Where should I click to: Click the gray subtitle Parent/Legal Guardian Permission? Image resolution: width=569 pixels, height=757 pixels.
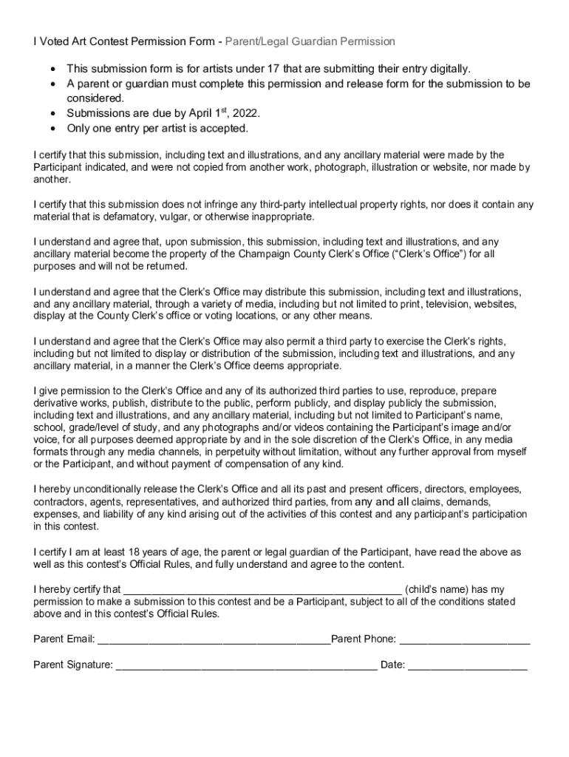point(310,41)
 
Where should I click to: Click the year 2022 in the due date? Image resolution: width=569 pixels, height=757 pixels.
point(246,113)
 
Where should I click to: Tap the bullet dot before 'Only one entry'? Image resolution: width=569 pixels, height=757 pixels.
point(52,129)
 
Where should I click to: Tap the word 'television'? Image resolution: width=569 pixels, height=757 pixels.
point(440,304)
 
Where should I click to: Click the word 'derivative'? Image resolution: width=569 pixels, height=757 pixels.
point(56,403)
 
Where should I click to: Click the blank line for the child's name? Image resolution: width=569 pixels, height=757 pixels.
point(262,591)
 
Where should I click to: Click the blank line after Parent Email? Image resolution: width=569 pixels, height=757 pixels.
point(214,640)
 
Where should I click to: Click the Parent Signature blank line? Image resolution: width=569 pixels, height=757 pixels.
point(246,666)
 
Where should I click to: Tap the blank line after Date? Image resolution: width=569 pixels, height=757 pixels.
point(468,666)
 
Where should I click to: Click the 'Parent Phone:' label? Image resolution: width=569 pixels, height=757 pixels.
point(364,639)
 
